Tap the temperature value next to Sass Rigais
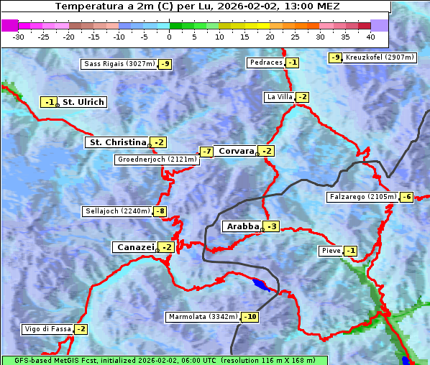165,64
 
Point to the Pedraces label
266,63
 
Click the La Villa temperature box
302,97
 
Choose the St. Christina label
116,142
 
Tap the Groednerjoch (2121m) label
156,160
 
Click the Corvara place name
236,151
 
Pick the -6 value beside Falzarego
407,197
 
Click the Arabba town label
242,226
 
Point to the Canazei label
134,247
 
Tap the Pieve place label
330,251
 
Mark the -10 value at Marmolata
250,317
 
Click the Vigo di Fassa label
47,329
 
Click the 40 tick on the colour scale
370,36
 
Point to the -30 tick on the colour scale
19,36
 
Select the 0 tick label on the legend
169,36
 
